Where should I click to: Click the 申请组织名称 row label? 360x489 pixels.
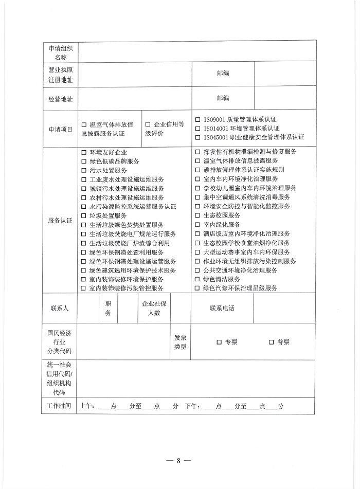61,52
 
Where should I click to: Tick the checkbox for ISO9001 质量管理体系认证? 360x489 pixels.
198,119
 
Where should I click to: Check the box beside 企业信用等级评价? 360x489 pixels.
148,124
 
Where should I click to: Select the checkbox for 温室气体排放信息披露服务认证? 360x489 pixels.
84,124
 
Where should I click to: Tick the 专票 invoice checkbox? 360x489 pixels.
219,342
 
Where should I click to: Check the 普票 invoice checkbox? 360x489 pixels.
271,342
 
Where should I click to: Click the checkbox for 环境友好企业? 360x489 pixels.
84,152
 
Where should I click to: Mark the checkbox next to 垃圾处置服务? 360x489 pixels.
84,216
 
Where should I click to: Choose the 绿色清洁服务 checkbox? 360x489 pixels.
197,279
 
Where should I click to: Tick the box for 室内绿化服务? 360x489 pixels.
197,225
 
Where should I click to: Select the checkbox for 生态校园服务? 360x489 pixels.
197,215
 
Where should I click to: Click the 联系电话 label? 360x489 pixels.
222,309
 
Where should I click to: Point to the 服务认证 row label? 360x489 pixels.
61,220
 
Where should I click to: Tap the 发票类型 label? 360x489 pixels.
180,342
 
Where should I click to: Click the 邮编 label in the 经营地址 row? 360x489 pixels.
223,98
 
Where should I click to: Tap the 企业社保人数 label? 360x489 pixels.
154,309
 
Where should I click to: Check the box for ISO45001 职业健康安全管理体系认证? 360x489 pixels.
198,137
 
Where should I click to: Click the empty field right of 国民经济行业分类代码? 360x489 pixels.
123,342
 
